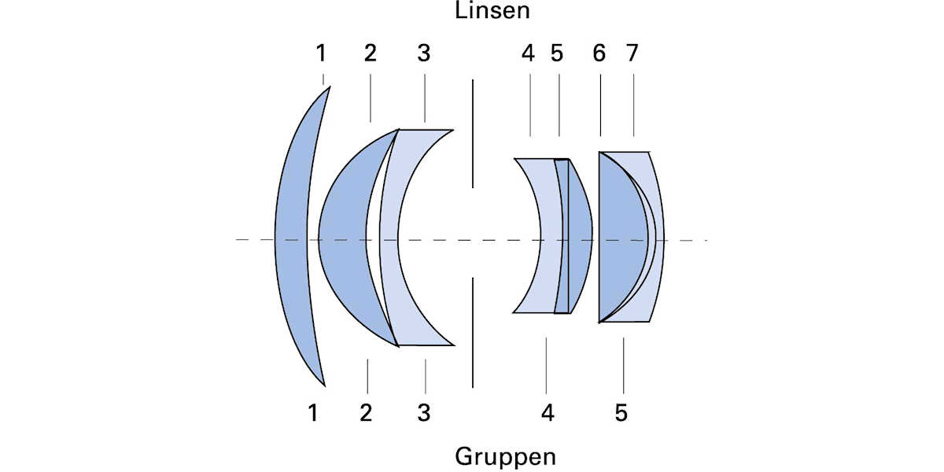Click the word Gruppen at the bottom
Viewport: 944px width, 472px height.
tap(505, 456)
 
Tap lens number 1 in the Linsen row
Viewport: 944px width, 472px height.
tap(321, 53)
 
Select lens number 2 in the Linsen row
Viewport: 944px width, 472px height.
tap(371, 53)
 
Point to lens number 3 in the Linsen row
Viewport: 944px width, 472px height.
tap(424, 53)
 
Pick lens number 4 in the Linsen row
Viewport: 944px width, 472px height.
tap(528, 53)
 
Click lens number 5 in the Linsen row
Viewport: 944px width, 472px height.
tap(557, 53)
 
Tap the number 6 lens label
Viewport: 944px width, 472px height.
tap(599, 53)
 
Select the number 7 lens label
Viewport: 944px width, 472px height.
tap(632, 53)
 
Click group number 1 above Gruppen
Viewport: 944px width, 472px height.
tap(313, 412)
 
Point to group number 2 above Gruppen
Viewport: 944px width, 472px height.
tap(366, 412)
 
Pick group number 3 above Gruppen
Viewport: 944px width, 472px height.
tap(424, 412)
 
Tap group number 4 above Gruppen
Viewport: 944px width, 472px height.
tap(548, 412)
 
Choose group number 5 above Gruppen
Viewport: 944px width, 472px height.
tap(621, 412)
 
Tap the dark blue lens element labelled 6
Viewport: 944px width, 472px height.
tap(621, 236)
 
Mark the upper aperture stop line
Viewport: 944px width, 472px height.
tap(473, 134)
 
